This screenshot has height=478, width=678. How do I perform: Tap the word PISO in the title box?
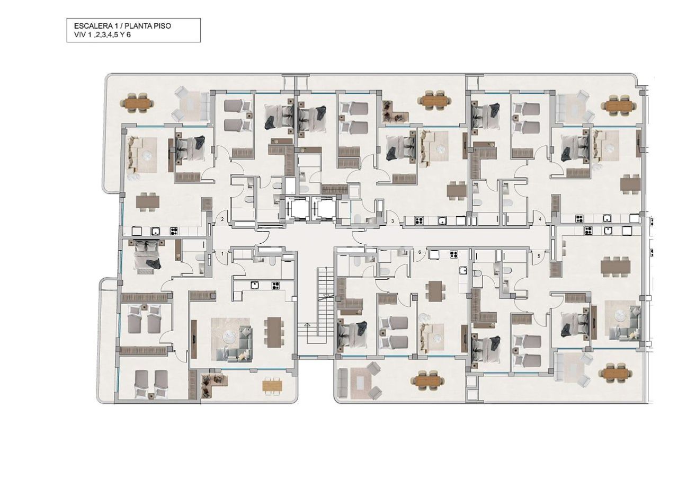(x=162, y=25)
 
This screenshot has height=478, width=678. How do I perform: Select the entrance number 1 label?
(x=222, y=254)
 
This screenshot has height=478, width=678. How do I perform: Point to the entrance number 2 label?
(x=222, y=219)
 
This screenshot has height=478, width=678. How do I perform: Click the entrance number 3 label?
(x=392, y=220)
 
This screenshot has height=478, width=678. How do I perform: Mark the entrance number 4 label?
(x=540, y=219)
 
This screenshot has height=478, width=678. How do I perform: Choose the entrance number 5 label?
(x=539, y=256)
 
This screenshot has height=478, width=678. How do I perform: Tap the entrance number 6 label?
(x=420, y=252)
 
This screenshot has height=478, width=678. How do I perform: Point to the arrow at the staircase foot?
(x=306, y=325)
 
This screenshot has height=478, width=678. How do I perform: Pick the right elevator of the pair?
(x=322, y=208)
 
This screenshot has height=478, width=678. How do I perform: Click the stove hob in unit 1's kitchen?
(x=275, y=285)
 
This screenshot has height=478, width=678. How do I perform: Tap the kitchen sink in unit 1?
(x=255, y=285)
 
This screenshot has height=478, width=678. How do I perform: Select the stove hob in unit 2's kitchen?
(x=173, y=231)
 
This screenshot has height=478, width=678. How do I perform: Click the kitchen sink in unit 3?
(x=441, y=221)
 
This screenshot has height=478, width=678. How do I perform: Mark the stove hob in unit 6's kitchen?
(x=453, y=254)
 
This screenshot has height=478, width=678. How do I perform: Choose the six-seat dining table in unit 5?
(x=615, y=265)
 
